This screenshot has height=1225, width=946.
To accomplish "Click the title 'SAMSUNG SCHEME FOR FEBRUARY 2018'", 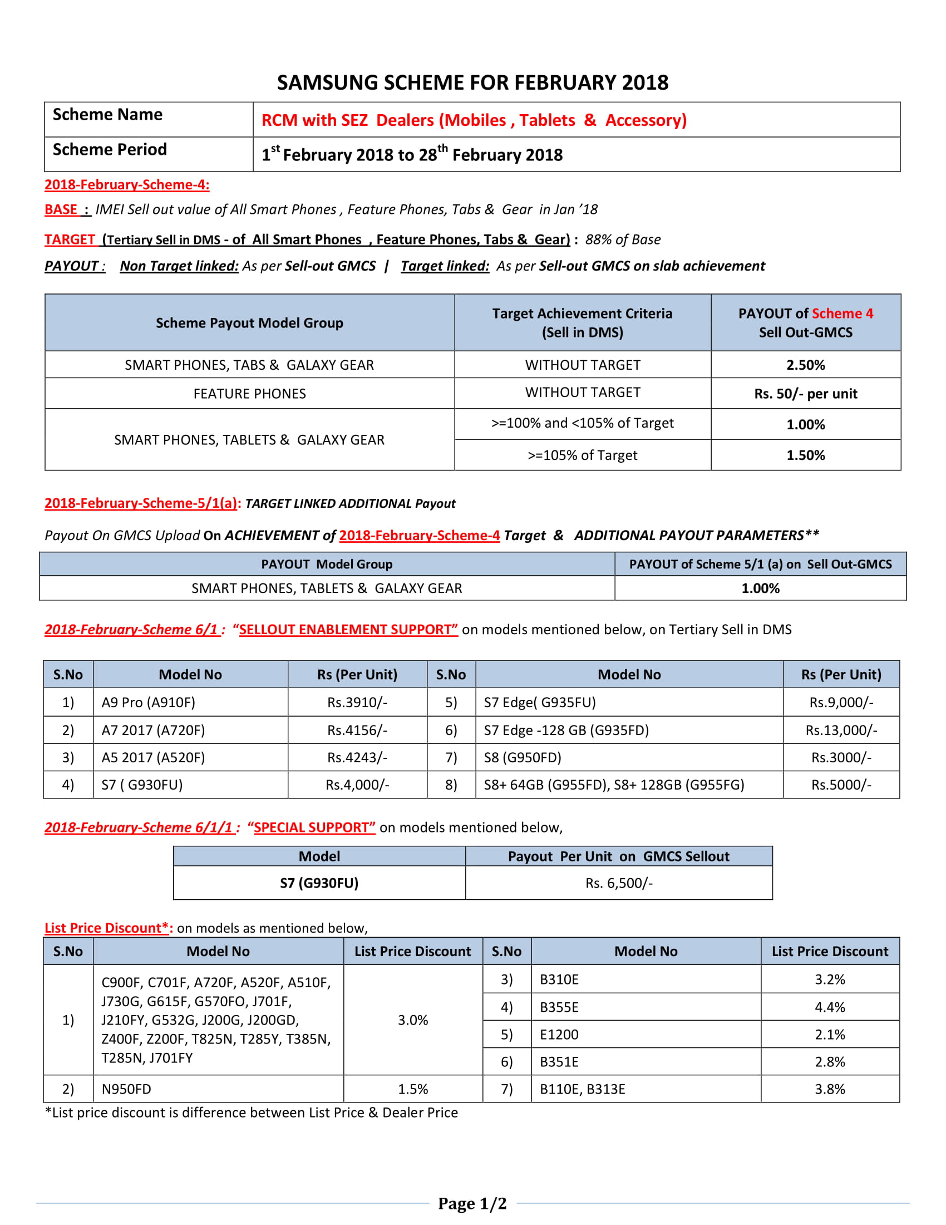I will tap(472, 82).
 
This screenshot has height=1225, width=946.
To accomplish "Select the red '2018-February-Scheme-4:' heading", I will tap(127, 184).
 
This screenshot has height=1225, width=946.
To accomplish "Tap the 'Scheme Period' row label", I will tap(110, 150).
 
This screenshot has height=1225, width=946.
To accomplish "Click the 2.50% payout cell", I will tap(805, 365).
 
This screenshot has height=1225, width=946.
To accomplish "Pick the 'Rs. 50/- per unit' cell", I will tap(805, 394).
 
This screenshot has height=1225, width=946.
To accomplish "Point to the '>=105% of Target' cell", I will tap(582, 455).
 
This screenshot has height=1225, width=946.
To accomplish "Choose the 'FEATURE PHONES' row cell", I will tap(249, 394).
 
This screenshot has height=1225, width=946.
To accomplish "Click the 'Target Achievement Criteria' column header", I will tap(582, 322).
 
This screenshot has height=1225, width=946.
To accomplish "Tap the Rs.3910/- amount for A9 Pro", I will tap(357, 702).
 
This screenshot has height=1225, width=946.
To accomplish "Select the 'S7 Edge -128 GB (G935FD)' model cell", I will tap(566, 731).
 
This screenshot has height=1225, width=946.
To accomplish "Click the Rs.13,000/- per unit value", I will tap(841, 731).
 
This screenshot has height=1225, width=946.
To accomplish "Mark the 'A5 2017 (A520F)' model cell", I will tap(153, 758).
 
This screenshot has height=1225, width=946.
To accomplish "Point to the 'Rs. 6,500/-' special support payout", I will tap(619, 884).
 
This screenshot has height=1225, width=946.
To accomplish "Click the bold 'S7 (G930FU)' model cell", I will tap(319, 884).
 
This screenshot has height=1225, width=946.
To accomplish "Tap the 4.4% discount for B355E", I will tap(830, 1007).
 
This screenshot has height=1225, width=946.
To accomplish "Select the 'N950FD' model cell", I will tap(126, 1089).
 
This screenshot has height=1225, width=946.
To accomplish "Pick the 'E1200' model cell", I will tap(559, 1035).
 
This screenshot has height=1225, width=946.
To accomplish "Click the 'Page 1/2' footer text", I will tap(472, 1204).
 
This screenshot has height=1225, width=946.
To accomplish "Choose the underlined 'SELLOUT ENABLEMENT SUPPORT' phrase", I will tap(348, 630).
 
